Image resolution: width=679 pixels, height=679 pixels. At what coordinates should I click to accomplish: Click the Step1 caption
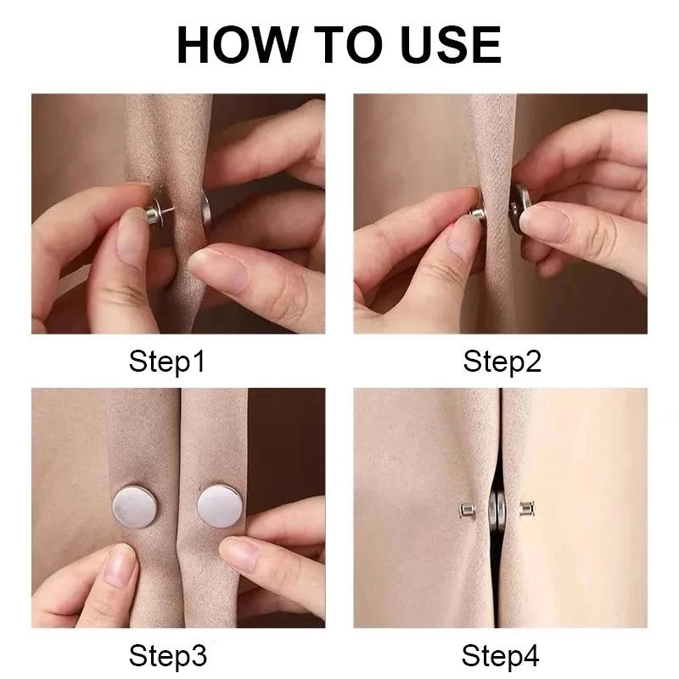pos(167,362)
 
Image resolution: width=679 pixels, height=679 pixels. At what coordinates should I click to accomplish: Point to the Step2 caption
pos(502,362)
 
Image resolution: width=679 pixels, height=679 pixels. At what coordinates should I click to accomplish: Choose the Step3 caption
pos(167,656)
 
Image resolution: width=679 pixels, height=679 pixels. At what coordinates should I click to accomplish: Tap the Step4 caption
pos(502,656)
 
